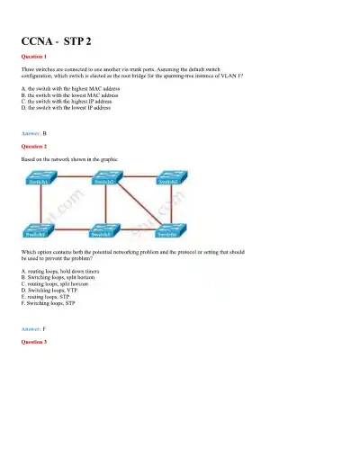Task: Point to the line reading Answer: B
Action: [33, 132]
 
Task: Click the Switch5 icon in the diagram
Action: [104, 232]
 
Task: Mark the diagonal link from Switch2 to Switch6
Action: [138, 206]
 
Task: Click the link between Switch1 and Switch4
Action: [27, 206]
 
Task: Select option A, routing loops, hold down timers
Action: [59, 270]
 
